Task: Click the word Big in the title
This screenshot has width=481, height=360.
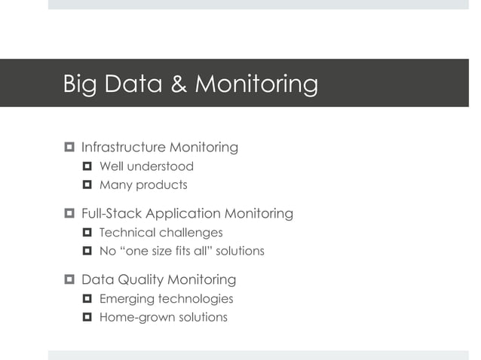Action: tap(81, 84)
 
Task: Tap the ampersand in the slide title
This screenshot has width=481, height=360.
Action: tap(179, 84)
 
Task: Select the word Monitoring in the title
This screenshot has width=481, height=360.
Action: tap(256, 84)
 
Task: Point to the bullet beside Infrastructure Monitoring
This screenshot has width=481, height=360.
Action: tap(69, 147)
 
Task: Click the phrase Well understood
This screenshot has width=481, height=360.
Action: tap(146, 166)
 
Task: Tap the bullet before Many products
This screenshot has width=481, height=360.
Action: tap(87, 185)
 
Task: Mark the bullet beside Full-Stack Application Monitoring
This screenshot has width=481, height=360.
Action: tap(69, 214)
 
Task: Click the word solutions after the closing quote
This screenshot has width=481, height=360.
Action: tap(238, 251)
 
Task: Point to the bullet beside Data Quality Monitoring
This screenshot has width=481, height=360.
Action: tap(69, 280)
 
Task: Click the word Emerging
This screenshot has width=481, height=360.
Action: tap(127, 299)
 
